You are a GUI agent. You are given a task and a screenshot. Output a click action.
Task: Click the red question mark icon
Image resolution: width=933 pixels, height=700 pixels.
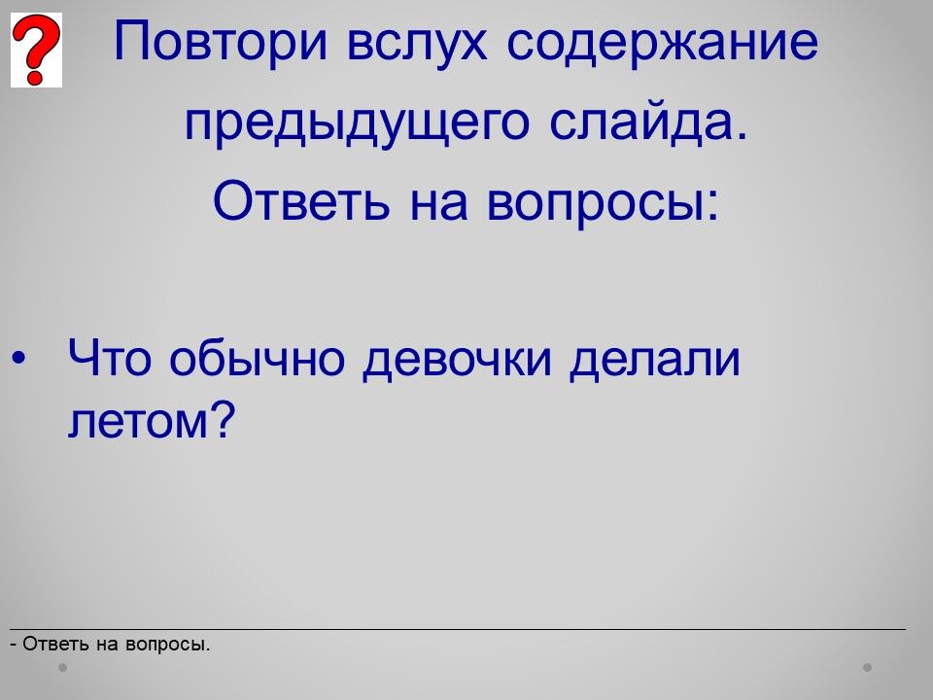tap(36, 50)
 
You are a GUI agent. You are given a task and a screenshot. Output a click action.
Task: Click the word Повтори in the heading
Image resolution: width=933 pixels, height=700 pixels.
tap(221, 41)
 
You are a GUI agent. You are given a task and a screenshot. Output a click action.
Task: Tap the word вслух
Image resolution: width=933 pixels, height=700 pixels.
tap(417, 41)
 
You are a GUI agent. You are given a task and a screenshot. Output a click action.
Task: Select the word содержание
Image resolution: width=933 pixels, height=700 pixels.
tap(662, 41)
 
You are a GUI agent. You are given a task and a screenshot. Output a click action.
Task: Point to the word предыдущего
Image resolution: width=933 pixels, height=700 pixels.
tap(357, 123)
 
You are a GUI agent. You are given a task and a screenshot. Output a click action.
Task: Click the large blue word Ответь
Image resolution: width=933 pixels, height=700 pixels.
tap(301, 200)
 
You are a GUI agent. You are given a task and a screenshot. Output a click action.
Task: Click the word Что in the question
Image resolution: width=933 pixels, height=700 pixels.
tap(110, 358)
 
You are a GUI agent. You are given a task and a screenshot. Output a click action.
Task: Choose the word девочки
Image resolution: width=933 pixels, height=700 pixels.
tap(457, 359)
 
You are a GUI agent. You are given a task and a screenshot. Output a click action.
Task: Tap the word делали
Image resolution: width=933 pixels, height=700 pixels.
tap(654, 359)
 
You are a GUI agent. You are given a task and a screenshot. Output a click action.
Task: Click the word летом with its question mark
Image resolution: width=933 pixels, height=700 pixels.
tap(152, 420)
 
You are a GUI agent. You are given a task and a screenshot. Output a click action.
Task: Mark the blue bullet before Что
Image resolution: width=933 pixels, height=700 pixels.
tap(18, 358)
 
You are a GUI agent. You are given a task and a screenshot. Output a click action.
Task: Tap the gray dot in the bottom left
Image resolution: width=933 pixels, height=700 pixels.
tap(62, 668)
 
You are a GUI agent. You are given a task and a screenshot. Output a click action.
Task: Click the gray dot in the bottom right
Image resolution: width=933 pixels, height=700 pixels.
tap(868, 668)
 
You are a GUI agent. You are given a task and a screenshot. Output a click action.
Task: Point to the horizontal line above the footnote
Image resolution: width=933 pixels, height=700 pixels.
tap(458, 629)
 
